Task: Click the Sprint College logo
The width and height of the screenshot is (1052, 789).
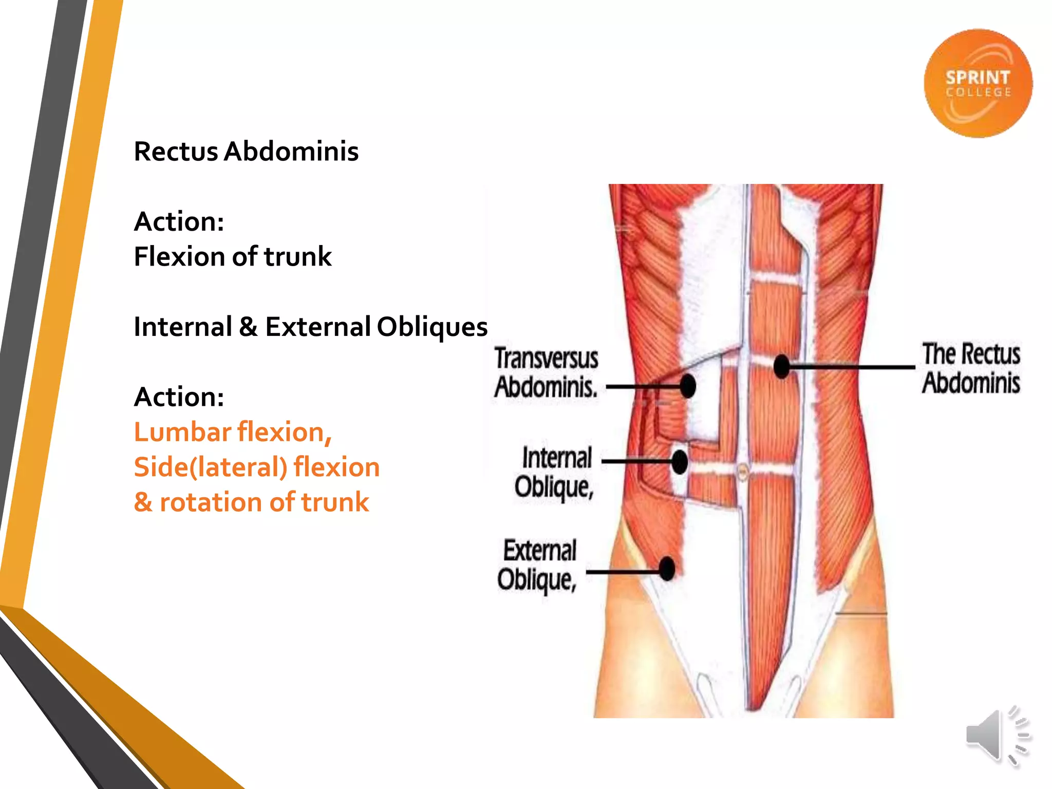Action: [x=978, y=83]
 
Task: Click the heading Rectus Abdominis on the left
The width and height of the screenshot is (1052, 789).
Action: [x=246, y=152]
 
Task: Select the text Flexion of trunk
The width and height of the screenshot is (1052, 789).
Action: [x=232, y=256]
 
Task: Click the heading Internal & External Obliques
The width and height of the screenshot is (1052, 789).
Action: [x=310, y=327]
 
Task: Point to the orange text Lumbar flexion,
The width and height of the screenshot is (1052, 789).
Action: [x=233, y=432]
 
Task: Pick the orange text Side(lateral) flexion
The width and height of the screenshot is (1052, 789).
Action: [x=256, y=467]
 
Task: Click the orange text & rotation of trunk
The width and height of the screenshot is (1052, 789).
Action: [x=251, y=502]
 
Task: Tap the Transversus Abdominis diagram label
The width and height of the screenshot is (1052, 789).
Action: [x=547, y=373]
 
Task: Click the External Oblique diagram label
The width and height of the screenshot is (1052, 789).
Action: [x=538, y=565]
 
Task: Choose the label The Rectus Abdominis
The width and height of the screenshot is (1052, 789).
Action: [x=971, y=368]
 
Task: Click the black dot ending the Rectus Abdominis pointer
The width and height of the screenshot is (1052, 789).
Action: [x=781, y=366]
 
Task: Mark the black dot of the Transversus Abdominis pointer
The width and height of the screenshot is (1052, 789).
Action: [x=687, y=386]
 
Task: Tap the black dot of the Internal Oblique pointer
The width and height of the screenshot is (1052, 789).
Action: [x=679, y=461]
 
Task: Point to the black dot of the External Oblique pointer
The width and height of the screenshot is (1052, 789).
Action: [x=667, y=569]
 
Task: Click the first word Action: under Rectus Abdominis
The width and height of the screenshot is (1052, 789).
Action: [x=179, y=222]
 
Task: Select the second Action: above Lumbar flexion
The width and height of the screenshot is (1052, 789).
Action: [x=179, y=397]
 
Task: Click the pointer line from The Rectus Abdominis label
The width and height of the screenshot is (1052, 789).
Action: [x=853, y=367]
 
